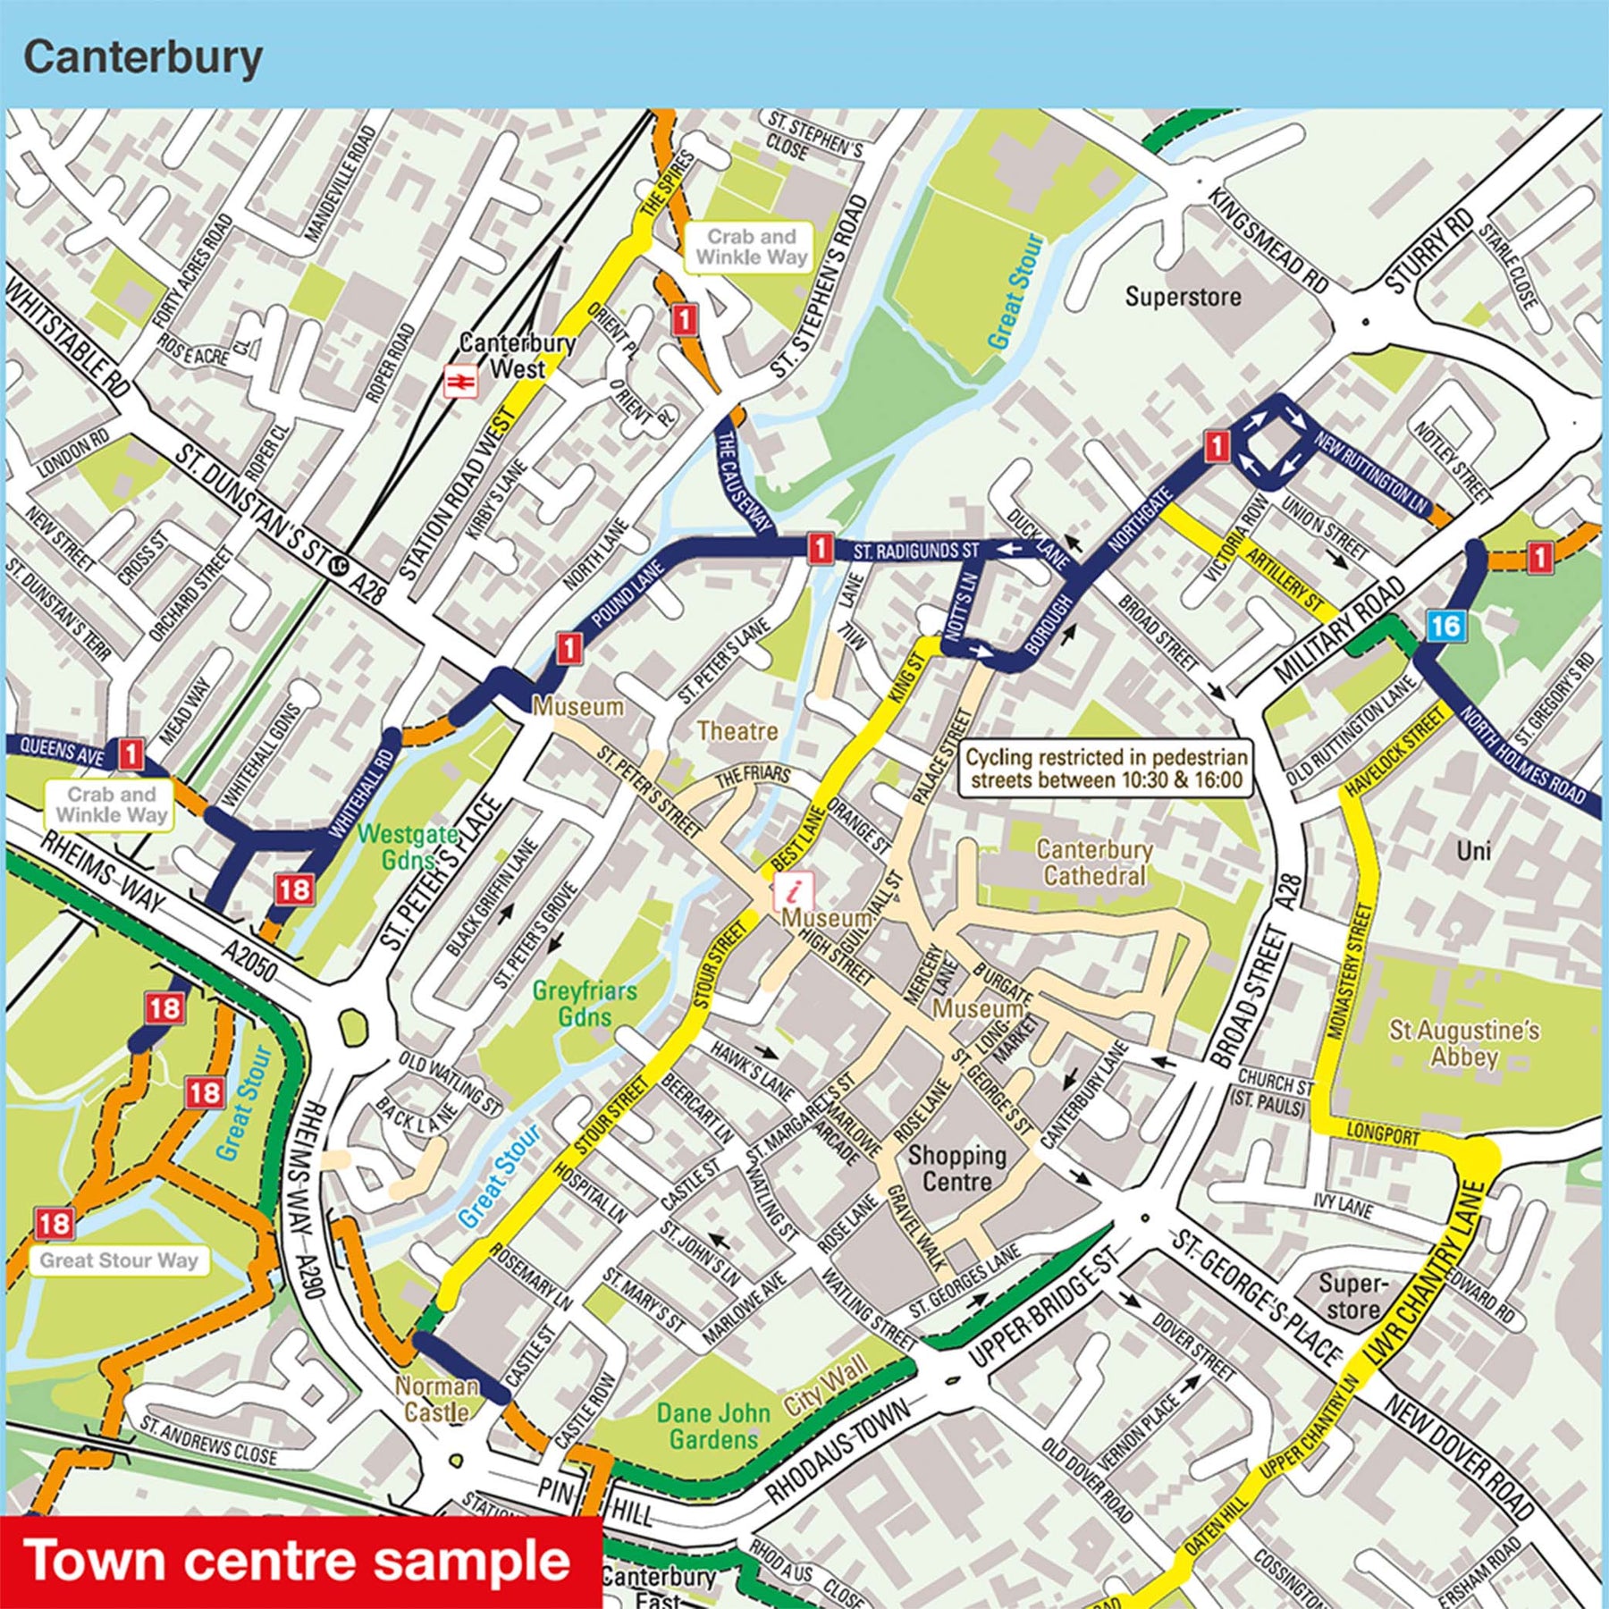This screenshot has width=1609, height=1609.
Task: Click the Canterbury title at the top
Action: coord(143,58)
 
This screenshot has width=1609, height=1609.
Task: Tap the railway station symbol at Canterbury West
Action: coord(461,382)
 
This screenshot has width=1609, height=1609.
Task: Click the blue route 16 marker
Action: coord(1445,626)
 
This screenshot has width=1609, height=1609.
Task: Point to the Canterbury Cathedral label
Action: coord(1094,862)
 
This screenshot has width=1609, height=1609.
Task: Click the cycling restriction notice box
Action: coord(1106,768)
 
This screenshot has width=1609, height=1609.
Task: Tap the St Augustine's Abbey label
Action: coord(1463,1043)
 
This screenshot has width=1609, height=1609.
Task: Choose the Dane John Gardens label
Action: coord(712,1426)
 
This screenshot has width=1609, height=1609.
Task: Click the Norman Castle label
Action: coord(437,1399)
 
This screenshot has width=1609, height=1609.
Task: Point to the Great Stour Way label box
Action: coord(119,1260)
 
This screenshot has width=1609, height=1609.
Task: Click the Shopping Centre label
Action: coord(956,1167)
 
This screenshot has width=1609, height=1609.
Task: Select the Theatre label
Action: coord(737,731)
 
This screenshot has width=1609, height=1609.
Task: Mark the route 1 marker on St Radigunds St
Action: coord(819,548)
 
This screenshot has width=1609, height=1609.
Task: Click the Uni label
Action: coord(1473,850)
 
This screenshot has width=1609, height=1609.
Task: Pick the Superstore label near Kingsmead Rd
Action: coord(1183,297)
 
